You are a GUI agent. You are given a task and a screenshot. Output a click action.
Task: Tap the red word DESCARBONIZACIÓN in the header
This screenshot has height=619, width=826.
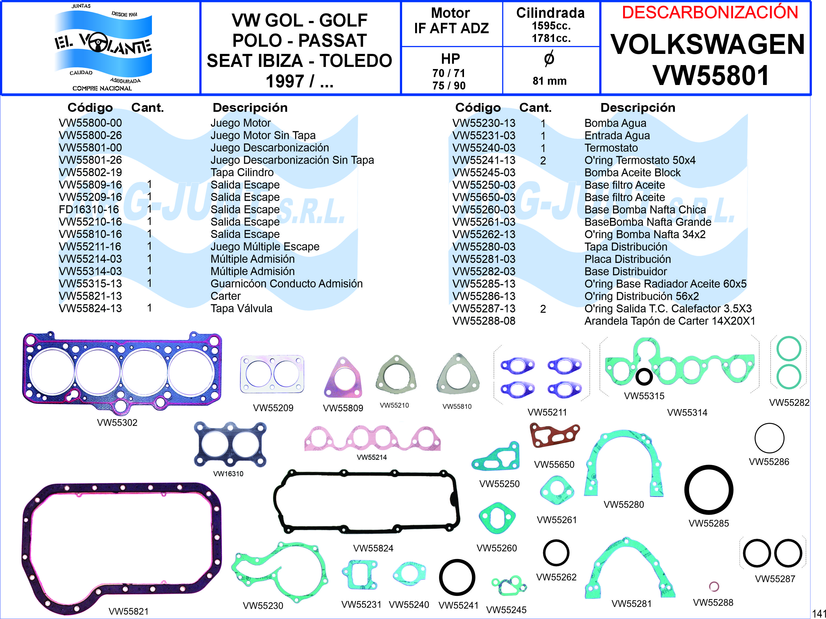pos(710,13)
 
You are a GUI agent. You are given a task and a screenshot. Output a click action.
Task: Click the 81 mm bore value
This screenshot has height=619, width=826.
pos(549,81)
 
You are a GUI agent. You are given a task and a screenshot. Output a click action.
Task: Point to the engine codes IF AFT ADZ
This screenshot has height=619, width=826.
pos(451,28)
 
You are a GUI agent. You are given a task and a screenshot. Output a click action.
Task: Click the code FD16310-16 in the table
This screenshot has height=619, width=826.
pos(89,210)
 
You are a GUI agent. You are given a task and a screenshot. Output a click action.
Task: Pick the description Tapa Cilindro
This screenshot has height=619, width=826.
pos(242,173)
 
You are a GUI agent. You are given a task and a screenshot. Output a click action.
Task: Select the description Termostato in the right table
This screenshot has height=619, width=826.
pos(611,148)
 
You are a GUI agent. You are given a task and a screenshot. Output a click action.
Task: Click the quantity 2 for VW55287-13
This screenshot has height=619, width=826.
pos(543,309)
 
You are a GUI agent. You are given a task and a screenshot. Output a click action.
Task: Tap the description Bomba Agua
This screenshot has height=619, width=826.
pos(615,123)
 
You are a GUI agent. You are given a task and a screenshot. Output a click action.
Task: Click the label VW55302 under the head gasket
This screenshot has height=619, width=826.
pos(117,422)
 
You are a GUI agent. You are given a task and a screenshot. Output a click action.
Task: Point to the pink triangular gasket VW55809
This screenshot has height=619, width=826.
pos(343,378)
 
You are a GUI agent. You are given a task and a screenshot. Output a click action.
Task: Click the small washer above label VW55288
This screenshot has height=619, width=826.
pos(714,587)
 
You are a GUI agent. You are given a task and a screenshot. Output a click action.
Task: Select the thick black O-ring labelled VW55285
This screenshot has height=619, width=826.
pos(708,490)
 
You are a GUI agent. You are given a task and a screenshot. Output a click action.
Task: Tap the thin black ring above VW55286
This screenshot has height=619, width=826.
pos(769,438)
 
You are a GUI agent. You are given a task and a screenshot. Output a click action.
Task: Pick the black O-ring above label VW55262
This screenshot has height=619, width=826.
pos(556,553)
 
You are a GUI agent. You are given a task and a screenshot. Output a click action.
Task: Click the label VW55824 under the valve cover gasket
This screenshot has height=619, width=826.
pos(373,548)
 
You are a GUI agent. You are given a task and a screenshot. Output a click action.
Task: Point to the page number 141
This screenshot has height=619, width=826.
pos(819,613)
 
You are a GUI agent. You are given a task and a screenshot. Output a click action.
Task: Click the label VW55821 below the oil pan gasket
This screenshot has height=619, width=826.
pos(129,611)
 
